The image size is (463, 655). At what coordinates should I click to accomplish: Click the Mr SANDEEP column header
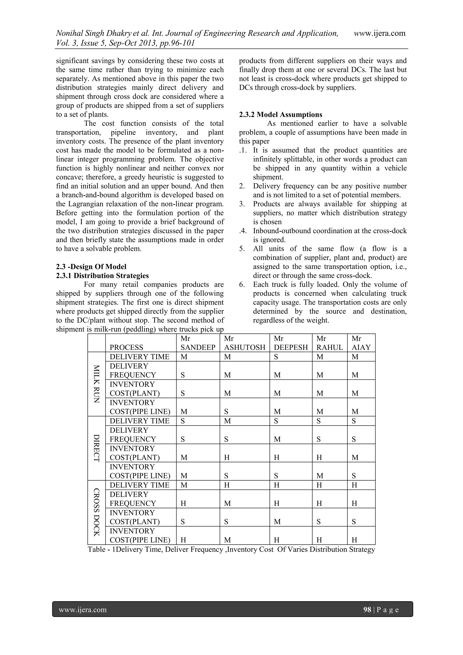point(198,343)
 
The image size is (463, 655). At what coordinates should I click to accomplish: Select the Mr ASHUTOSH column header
point(244,343)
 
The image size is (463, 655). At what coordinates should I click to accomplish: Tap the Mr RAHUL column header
point(329,343)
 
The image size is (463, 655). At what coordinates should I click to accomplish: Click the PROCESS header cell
point(126,347)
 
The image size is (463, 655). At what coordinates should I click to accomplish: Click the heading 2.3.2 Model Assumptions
point(281,115)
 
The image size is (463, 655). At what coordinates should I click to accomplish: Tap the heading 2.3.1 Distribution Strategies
point(102,276)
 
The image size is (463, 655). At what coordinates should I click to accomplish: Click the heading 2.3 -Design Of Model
point(91,267)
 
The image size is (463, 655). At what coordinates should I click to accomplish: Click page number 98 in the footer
point(367,610)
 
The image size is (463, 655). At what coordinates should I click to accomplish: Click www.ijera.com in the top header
point(380,33)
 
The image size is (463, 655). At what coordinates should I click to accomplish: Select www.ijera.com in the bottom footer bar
point(83,610)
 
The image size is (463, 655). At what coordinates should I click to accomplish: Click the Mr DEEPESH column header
point(291,343)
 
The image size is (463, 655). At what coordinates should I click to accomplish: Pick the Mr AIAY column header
point(361,343)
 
